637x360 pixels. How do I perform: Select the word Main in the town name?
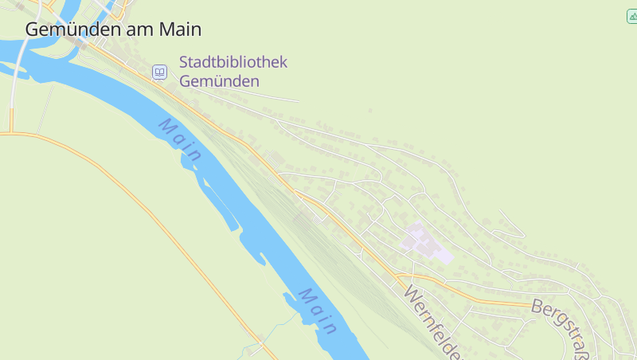tap(180, 29)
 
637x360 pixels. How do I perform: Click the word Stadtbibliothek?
tap(233, 62)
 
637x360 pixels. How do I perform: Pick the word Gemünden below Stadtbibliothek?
tap(219, 80)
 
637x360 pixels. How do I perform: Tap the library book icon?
tap(160, 72)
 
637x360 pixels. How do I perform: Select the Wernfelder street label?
tap(433, 322)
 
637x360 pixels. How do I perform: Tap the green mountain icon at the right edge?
tap(631, 16)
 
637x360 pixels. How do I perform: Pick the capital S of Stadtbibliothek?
tap(184, 62)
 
